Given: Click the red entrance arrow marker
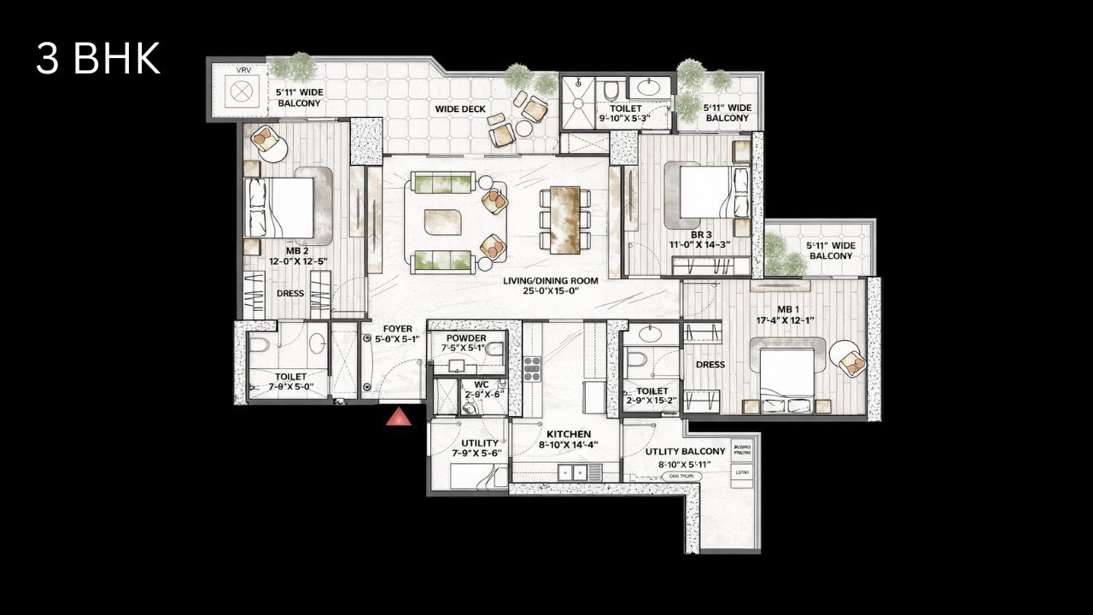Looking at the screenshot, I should click(x=398, y=417).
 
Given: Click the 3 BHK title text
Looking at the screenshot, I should click(x=98, y=59).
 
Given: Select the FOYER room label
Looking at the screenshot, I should click(x=397, y=328).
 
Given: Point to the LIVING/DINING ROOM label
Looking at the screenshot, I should click(x=550, y=280).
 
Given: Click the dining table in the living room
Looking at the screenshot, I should click(x=564, y=220).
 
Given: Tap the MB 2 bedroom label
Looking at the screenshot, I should click(x=297, y=251).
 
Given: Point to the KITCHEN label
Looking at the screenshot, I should click(x=569, y=434).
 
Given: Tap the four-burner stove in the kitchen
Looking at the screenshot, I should click(x=532, y=367).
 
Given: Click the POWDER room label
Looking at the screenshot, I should click(x=465, y=338).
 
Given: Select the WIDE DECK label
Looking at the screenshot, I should click(x=460, y=108).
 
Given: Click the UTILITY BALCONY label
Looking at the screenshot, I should click(x=685, y=451).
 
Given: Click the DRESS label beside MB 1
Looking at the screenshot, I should click(x=710, y=365).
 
